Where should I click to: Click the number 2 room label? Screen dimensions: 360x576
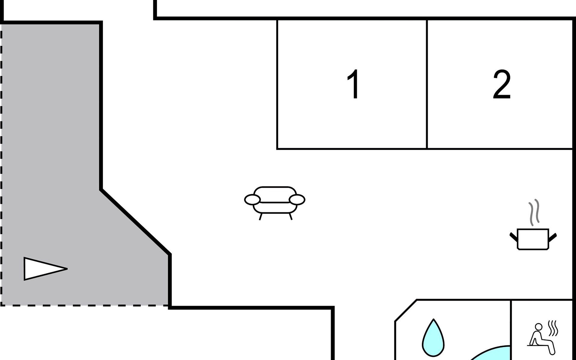coord(502,85)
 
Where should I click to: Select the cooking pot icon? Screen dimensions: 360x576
coord(533,239)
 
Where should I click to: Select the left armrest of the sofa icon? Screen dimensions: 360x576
coord(252,199)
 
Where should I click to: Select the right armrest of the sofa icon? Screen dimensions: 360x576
coord(297,199)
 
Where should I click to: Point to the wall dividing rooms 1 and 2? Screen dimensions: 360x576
coord(427,84)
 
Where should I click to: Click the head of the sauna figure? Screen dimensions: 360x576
coord(539,326)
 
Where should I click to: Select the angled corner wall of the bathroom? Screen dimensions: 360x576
coord(406,311)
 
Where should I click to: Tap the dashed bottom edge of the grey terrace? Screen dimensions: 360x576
coord(84,305)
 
